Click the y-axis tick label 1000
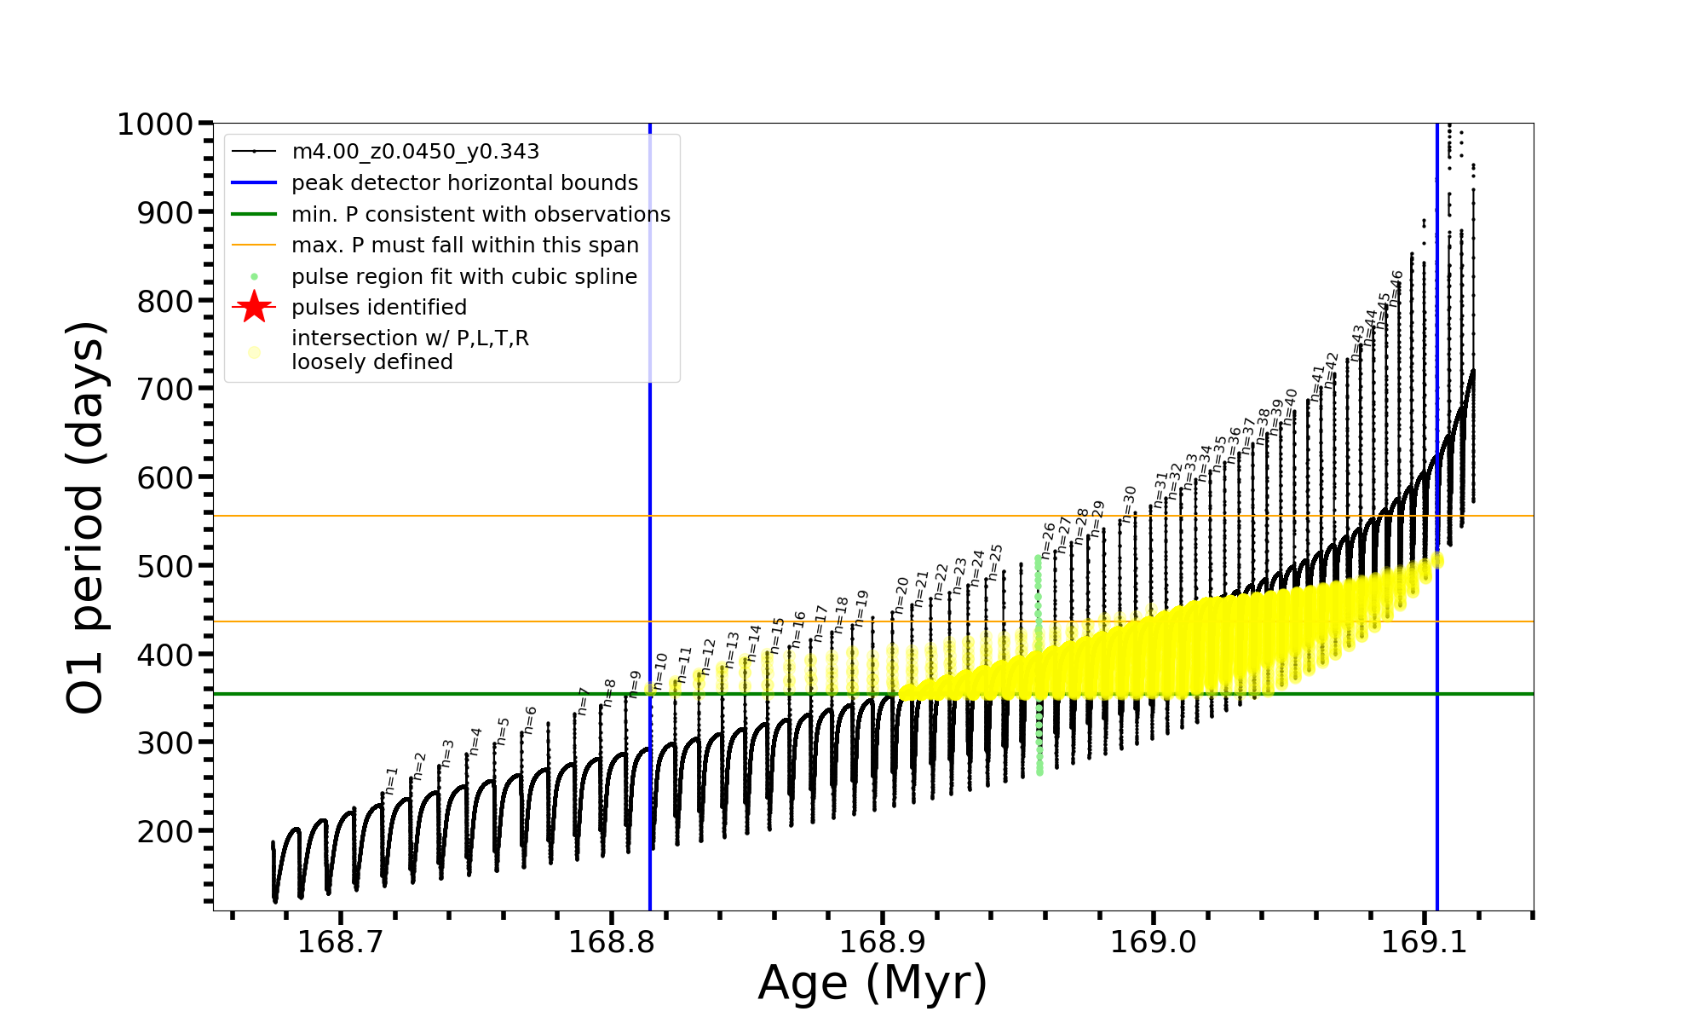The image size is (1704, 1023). (x=155, y=124)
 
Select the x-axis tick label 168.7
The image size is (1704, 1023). (x=340, y=942)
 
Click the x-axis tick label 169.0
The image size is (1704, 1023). (x=1153, y=942)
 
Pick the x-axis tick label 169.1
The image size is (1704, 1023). (x=1424, y=942)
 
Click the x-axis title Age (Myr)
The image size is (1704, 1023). (x=872, y=983)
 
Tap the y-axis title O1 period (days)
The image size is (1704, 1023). (x=86, y=517)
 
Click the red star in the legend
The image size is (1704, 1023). (x=254, y=307)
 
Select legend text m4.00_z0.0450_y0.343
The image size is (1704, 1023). (x=415, y=152)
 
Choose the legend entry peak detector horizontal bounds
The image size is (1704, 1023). (x=464, y=183)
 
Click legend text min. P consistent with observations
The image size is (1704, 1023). (x=481, y=214)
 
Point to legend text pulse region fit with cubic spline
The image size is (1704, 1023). (x=463, y=277)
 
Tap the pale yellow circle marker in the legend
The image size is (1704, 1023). (x=254, y=351)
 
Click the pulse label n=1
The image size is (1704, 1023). (x=391, y=780)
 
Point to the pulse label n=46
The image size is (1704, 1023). (x=1396, y=288)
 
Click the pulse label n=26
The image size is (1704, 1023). (x=1048, y=540)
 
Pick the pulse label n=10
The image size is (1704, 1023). (x=660, y=671)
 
